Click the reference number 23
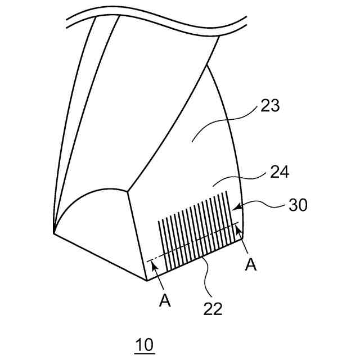point(271,106)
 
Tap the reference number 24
point(280,172)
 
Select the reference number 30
point(299,205)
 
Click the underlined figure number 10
point(145,345)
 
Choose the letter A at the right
point(251,264)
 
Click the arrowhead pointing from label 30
point(236,210)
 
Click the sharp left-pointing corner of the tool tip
point(53,232)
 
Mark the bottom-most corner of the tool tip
point(146,280)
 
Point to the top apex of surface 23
point(208,64)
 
